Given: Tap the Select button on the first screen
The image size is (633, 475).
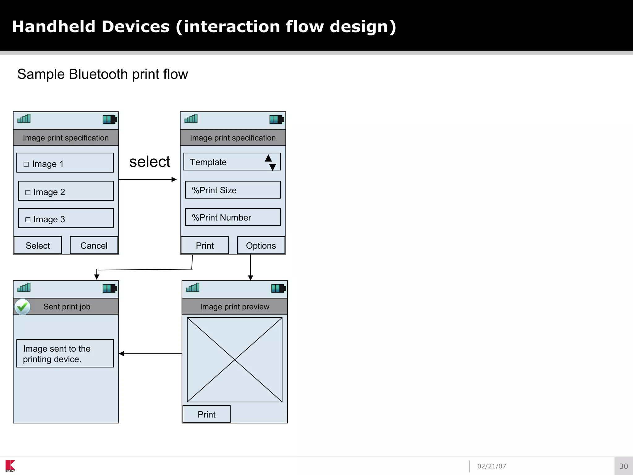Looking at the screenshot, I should point(38,245).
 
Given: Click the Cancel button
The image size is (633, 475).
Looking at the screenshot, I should point(94,245).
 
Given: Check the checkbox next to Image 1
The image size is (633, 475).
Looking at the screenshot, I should point(26,164).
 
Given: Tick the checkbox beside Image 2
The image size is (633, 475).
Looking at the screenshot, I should point(28,192).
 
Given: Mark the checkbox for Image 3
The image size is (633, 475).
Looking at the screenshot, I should point(28,220).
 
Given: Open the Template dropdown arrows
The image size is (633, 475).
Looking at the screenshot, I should point(270,162).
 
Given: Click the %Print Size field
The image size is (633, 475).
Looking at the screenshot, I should point(233,190).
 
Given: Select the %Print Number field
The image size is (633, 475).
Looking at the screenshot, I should point(233,217).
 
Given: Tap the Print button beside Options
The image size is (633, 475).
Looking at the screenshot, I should point(205,245).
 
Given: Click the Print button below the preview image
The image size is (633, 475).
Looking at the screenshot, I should point(206,414).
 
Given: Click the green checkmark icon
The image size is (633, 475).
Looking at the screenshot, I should point(23,307).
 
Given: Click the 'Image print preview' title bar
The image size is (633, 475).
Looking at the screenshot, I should point(235,306).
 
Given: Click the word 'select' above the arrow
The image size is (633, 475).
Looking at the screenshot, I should point(150,162).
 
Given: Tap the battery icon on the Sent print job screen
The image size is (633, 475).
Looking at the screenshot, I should point(109,289).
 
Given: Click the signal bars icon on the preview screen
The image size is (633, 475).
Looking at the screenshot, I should point(193,288).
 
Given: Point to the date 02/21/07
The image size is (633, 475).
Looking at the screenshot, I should point(491,466).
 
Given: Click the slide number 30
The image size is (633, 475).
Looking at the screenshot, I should point(623,466).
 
